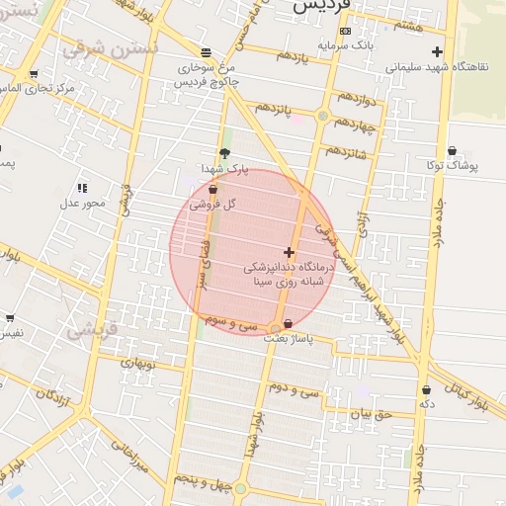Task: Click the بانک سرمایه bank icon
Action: (343, 31)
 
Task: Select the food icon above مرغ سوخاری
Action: (205, 52)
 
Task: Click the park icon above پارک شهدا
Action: (224, 153)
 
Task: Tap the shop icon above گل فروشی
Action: (212, 188)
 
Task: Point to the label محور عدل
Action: (81, 204)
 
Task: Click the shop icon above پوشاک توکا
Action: (452, 150)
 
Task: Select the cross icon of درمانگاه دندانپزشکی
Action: (288, 253)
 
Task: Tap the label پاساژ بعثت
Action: (288, 339)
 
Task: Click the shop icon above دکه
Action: (427, 389)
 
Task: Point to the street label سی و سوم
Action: (231, 323)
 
